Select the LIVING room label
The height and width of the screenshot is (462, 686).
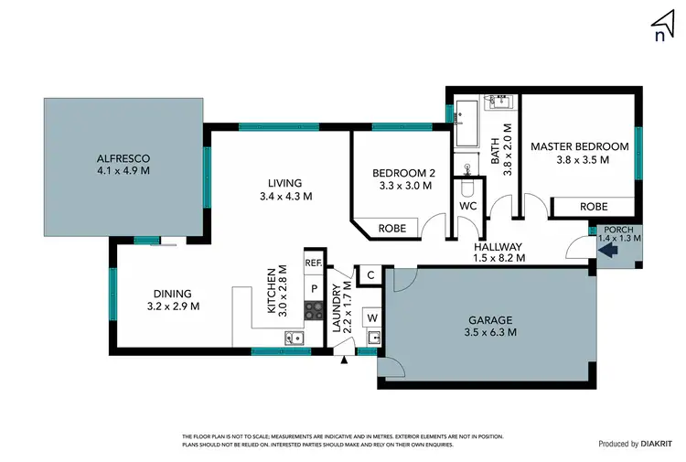pos(285,182)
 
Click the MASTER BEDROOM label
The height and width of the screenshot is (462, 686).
pos(579,146)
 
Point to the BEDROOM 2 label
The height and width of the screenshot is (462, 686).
pos(402,173)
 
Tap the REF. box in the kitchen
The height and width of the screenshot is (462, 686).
pos(314,263)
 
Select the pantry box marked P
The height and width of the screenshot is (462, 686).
pos(314,288)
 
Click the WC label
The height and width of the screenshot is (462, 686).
pos(468,206)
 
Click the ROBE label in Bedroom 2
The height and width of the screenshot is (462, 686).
pos(392,228)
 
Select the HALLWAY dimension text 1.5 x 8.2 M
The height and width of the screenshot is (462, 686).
pos(498,259)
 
